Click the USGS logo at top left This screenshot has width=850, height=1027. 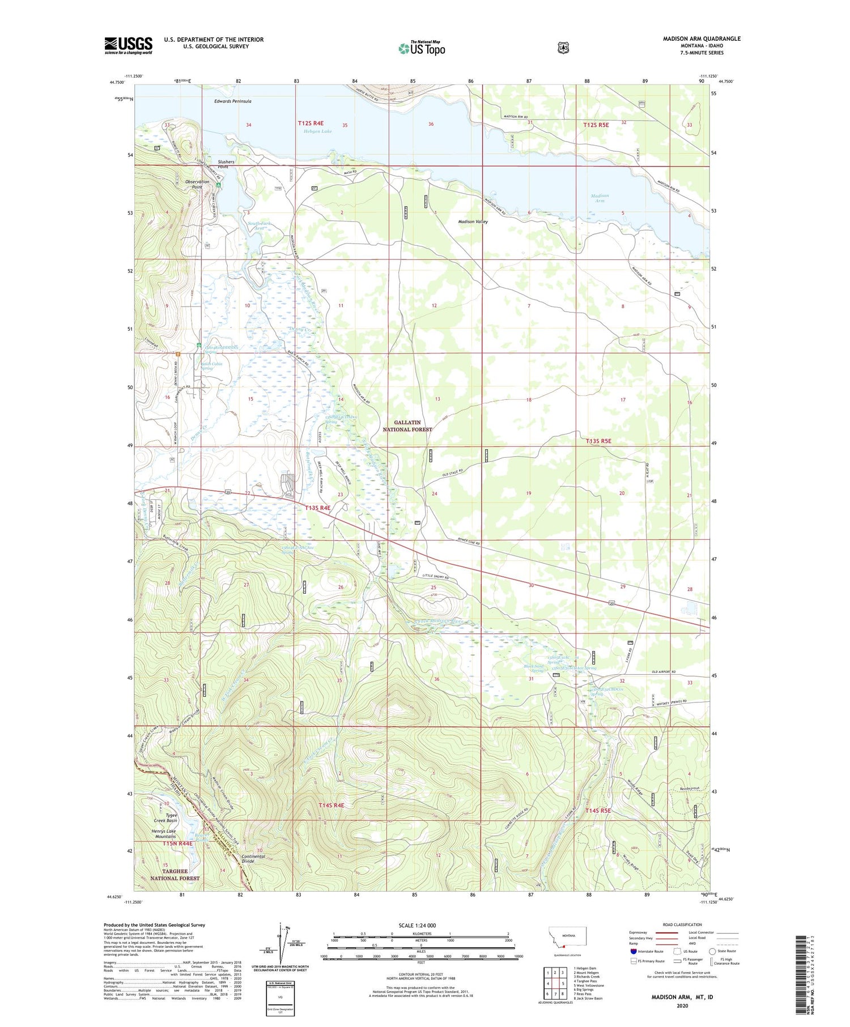pos(128,45)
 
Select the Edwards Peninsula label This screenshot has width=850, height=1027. pos(232,101)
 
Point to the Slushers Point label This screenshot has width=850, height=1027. pos(226,164)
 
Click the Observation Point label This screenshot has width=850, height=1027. pos(197,184)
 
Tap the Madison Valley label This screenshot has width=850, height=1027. pos(473,221)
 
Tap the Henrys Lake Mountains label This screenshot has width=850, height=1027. pos(156,833)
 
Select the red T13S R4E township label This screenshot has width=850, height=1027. pos(317,508)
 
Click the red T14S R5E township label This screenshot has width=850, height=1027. pos(598,811)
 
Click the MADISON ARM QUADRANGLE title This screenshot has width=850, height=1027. pos(702,39)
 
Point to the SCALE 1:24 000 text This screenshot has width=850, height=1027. pos(417,925)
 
